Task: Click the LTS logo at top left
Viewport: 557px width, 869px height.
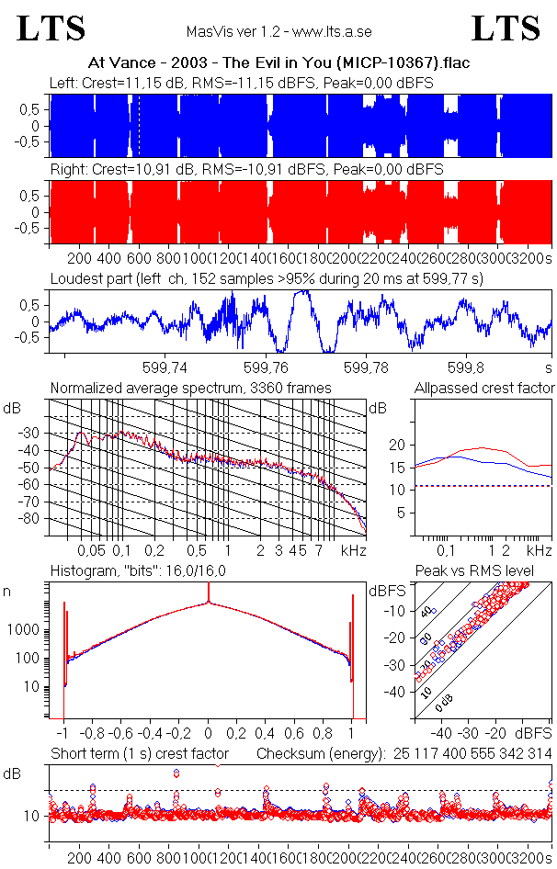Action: tap(51, 28)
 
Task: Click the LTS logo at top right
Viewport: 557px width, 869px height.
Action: tap(506, 28)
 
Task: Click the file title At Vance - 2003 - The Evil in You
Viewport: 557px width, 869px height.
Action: tap(278, 63)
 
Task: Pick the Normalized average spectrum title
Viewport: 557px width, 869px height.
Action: tap(190, 389)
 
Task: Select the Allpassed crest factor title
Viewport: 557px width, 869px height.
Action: tap(484, 389)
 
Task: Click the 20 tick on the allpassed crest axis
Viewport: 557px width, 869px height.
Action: tap(398, 445)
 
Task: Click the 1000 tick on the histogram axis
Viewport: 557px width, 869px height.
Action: tap(28, 630)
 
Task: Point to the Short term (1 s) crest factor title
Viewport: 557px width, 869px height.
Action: tap(139, 754)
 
